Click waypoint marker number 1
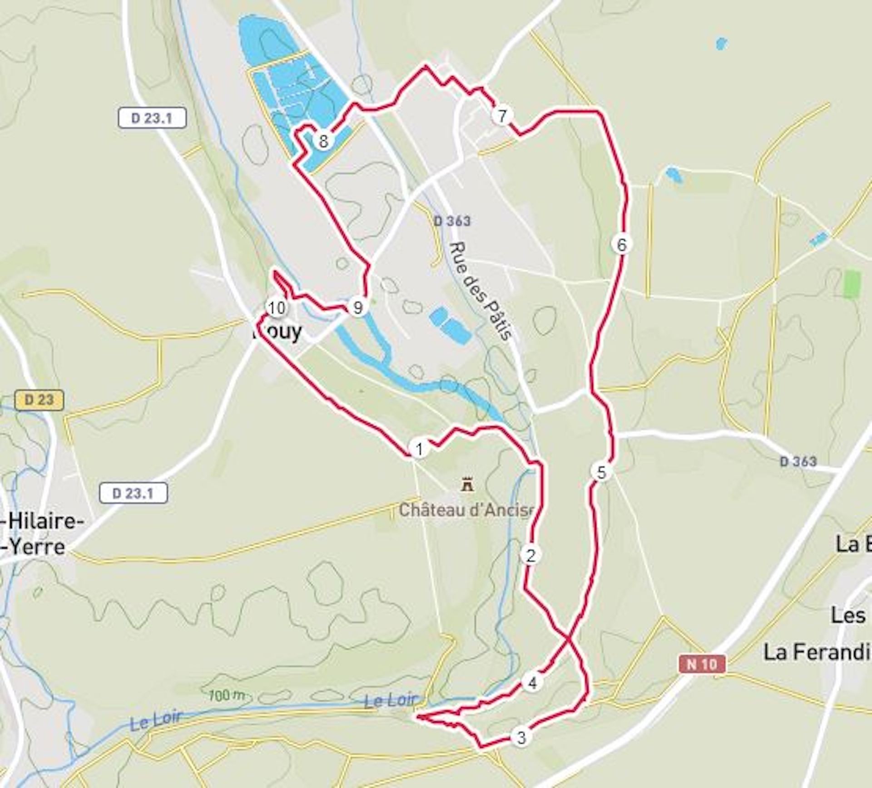pos(419,449)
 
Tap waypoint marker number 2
pos(530,555)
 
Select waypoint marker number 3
pos(521,737)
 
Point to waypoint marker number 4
pos(532,682)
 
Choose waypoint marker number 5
pos(601,472)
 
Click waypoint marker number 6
pos(621,245)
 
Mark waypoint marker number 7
pos(501,116)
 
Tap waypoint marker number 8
pos(323,141)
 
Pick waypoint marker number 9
pos(357,308)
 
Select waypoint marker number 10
pos(277,308)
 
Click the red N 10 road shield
pos(702,664)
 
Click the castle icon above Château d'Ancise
pos(466,485)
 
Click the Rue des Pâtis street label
pos(481,291)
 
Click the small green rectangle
pos(852,284)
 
